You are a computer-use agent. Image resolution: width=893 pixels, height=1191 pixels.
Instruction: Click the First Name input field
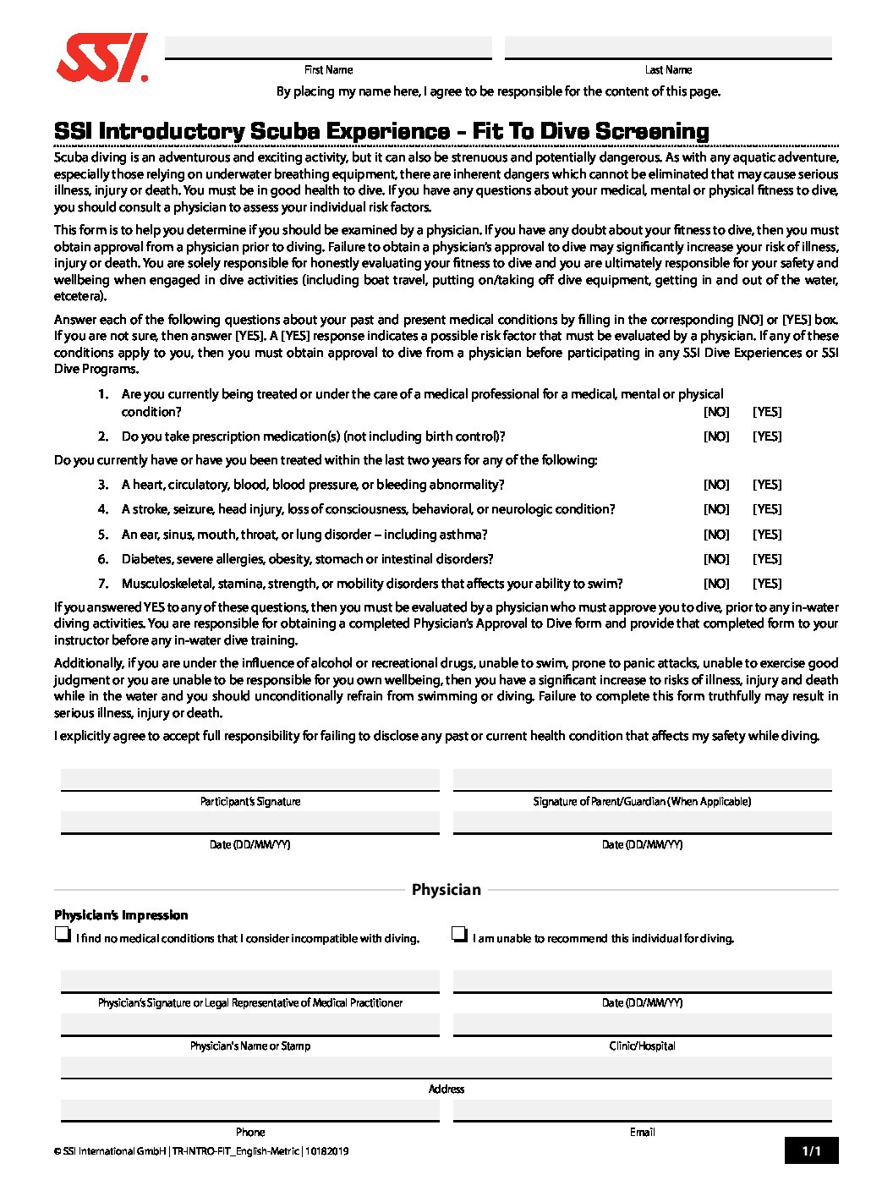328,47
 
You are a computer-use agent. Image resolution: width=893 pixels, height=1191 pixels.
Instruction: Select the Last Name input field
668,47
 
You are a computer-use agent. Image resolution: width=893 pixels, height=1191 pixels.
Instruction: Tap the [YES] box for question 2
767,436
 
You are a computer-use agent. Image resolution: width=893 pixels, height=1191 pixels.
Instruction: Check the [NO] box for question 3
716,485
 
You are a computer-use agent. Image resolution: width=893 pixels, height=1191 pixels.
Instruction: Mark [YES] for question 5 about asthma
767,535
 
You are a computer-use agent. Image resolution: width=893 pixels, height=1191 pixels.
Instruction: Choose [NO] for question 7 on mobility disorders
716,584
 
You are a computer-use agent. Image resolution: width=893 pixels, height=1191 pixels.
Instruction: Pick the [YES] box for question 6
767,559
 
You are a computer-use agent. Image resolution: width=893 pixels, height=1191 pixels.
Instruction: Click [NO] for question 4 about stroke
716,509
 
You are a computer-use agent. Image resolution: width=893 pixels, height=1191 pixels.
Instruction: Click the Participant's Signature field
250,779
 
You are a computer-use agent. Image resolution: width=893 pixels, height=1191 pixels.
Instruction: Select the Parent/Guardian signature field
642,779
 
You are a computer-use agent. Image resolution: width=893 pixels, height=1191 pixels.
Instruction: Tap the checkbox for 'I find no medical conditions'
62,935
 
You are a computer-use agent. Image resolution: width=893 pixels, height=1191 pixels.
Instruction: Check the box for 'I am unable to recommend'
459,935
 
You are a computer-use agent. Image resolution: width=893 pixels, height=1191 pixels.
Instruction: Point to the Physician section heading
446,890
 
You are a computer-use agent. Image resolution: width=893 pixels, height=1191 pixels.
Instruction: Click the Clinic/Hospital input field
642,1024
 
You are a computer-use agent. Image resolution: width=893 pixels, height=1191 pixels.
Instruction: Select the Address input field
446,1068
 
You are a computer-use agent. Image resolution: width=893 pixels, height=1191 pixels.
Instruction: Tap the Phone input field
250,1111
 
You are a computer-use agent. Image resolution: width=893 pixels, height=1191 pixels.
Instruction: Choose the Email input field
642,1111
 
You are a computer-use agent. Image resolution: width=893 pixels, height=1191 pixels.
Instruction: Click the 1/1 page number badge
811,1150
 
